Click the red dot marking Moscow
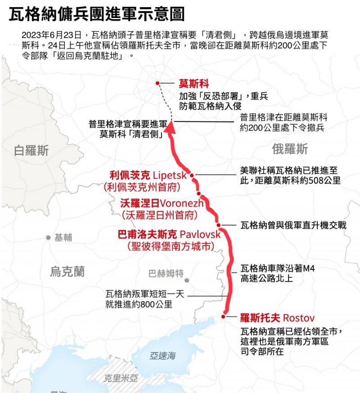click(x=157, y=83)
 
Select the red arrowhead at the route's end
click(x=171, y=130)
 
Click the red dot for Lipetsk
click(x=192, y=175)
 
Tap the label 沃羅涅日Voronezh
click(x=162, y=203)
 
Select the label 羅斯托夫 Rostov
click(x=277, y=318)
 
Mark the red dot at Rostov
click(x=223, y=317)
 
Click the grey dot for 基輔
click(x=48, y=237)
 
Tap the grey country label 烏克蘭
click(x=67, y=271)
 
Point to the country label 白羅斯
click(x=31, y=151)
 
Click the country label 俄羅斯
click(x=290, y=148)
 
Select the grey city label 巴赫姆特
click(x=166, y=273)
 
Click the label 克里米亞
click(x=120, y=379)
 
